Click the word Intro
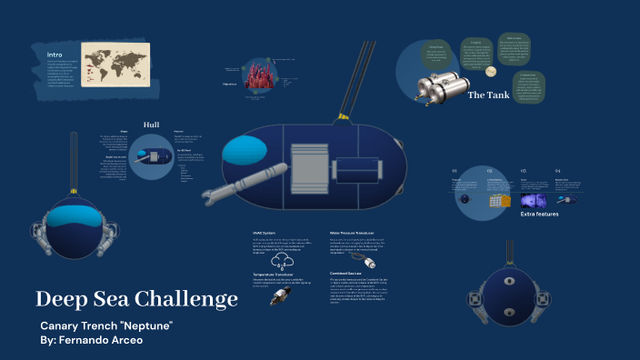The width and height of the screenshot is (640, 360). pos(55,55)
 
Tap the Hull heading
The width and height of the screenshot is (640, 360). pos(151,125)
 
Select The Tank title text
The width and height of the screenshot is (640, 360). pos(490,95)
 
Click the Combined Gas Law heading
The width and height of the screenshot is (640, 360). pos(352,272)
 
